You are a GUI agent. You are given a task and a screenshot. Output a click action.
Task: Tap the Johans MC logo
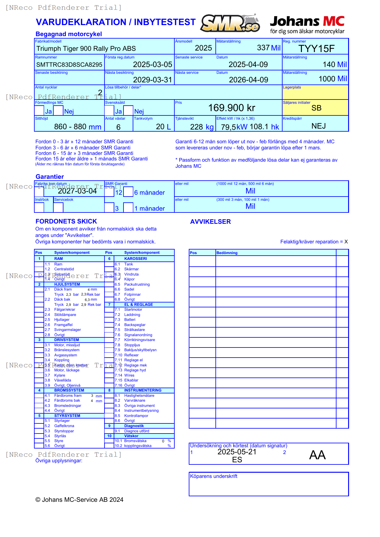coord(307,24)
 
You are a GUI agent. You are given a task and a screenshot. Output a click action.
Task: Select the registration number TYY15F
coord(316,49)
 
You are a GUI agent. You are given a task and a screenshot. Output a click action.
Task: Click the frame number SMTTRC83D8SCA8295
coord(69,65)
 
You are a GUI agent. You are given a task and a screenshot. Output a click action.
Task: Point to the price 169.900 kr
coord(232,108)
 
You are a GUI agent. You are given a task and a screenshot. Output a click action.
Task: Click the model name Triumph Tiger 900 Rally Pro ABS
coord(86,49)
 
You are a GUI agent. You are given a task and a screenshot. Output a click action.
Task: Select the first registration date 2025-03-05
coord(152,65)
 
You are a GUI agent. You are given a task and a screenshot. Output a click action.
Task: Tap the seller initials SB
coord(316,108)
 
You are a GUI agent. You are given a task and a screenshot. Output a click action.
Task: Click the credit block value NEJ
coord(318,126)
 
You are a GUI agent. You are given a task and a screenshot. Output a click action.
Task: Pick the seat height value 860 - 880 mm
coord(78,127)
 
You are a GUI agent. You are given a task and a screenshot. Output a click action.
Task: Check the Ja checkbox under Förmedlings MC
coord(39,111)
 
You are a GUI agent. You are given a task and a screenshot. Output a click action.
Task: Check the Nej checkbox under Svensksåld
coord(128,111)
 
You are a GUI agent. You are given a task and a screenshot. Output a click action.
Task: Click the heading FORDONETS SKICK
coord(66,221)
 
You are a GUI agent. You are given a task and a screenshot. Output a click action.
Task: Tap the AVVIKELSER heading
coord(210,222)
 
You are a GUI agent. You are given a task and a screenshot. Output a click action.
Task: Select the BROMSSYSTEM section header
coord(69,390)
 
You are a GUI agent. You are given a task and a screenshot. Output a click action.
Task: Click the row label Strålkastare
coord(134,330)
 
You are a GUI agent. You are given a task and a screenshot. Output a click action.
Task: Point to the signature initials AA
coord(317,455)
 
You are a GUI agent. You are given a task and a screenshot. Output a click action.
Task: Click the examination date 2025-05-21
coord(237,452)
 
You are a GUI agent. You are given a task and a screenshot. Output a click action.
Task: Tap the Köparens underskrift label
coord(214,476)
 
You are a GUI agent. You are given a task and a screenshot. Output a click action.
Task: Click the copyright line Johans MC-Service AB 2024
coord(79,500)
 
